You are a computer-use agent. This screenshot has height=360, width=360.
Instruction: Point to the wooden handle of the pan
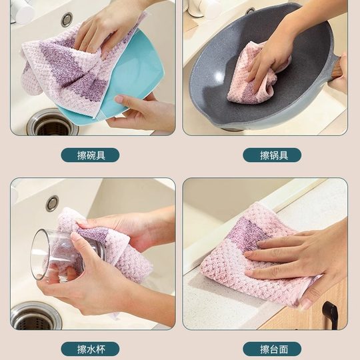pos(337,69)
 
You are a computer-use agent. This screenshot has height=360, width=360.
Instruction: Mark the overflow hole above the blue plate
pos(67,19)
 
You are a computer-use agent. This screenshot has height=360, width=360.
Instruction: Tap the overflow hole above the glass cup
pos(52,203)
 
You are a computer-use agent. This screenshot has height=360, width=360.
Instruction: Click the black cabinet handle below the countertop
pos(329,313)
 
